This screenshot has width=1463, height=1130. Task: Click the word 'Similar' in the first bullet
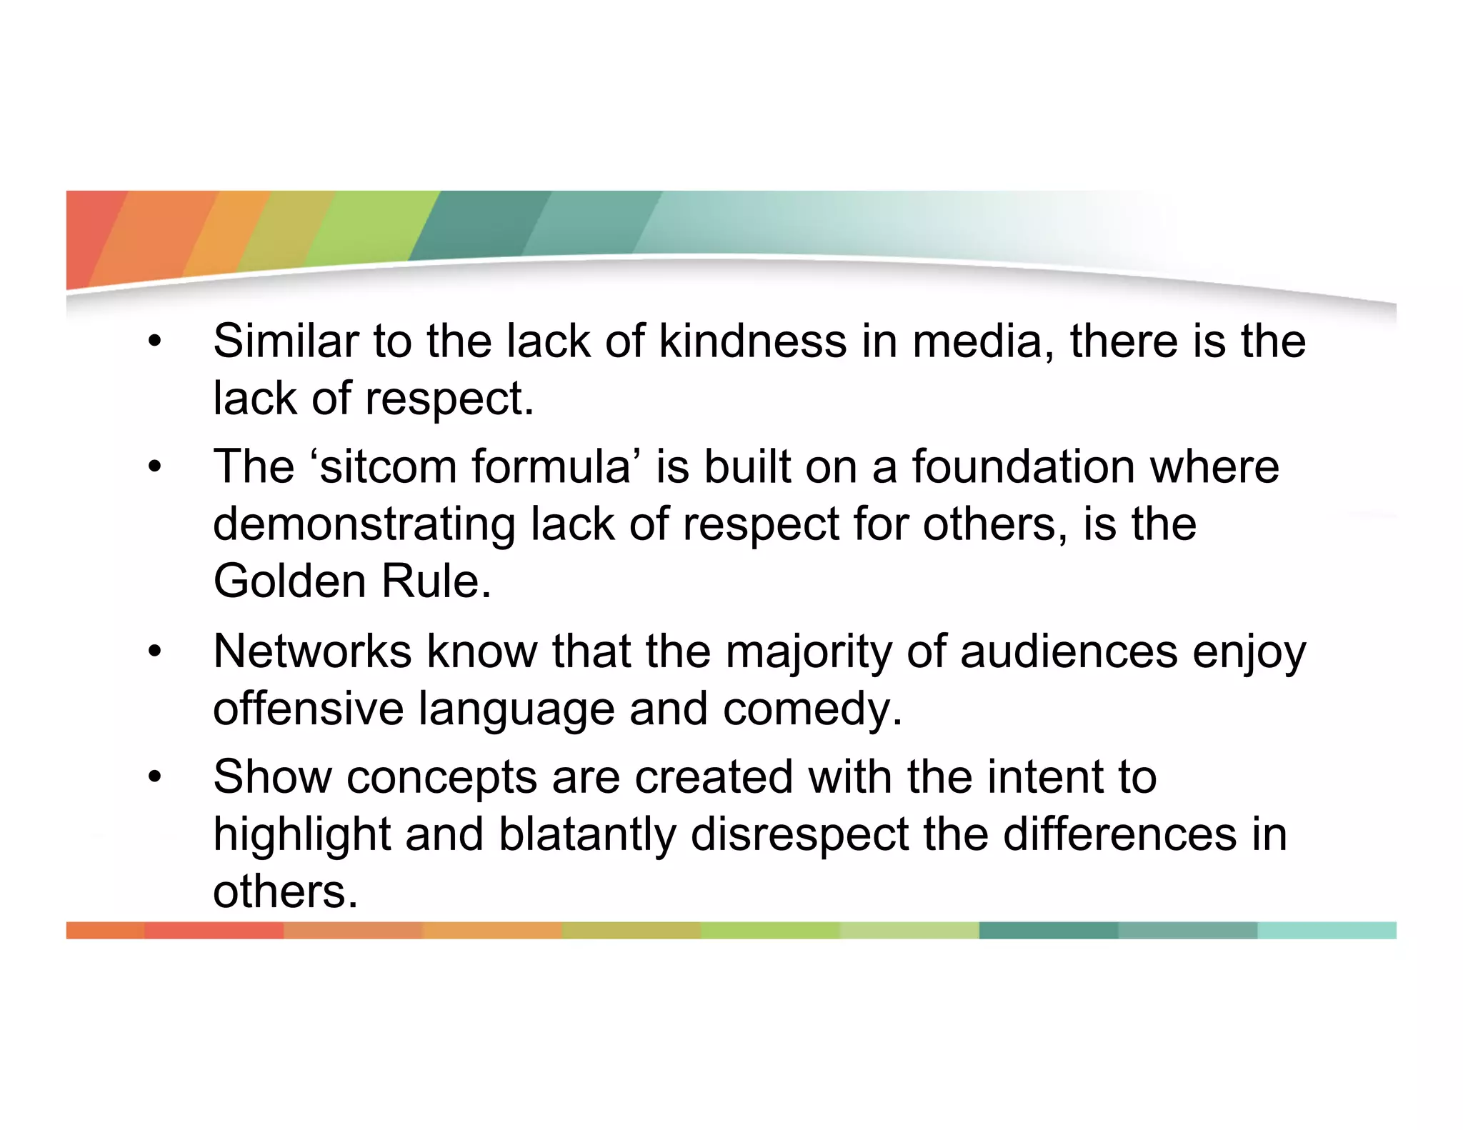coord(286,341)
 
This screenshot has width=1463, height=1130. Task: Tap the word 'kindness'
coord(752,341)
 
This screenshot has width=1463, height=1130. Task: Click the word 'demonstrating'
coord(364,524)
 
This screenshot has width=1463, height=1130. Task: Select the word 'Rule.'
coord(436,581)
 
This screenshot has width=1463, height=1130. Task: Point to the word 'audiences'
coord(1069,651)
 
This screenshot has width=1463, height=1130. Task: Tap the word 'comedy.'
coord(813,710)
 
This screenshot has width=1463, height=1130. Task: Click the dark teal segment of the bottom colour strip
coord(1048,931)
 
